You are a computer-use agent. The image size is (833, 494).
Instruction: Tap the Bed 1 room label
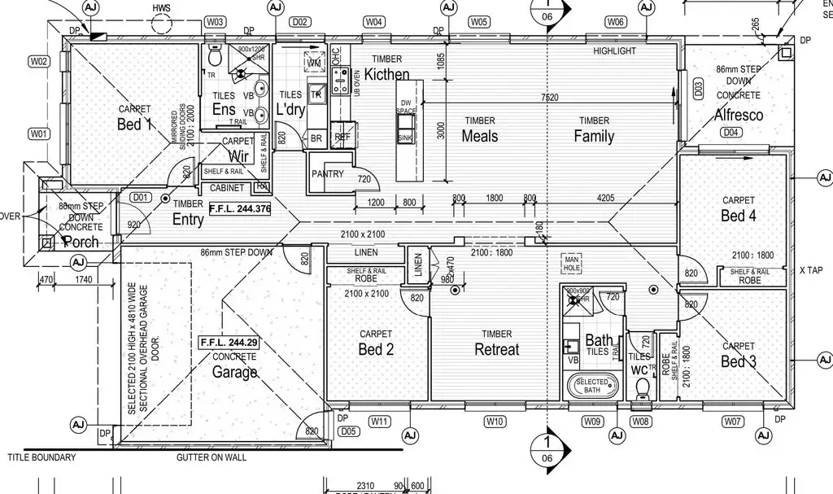coord(135,125)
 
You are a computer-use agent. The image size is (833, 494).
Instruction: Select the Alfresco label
coord(739,116)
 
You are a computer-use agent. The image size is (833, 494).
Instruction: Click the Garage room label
coord(235,372)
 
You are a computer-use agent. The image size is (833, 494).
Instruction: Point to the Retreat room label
coord(496,349)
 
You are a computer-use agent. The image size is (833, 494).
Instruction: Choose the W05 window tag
coord(479,22)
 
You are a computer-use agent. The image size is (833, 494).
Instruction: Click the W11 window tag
coord(380,421)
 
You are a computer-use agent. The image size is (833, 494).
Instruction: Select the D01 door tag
coord(141,197)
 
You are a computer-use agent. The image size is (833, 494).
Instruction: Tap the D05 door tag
coord(347,431)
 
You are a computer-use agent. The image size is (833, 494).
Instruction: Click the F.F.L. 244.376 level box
coord(239,209)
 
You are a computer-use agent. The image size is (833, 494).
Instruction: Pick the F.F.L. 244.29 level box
coord(229,343)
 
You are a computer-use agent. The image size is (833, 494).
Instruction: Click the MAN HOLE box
coord(572,262)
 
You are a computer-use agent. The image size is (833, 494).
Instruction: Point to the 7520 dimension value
coord(550,98)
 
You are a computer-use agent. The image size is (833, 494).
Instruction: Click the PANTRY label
coord(328,174)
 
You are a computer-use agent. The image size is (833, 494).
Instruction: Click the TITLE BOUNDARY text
coord(41,457)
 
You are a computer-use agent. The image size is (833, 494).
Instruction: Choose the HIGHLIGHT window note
coord(614,50)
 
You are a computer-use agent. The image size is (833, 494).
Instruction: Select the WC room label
coord(639,369)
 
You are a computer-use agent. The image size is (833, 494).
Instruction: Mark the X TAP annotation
coord(813,269)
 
